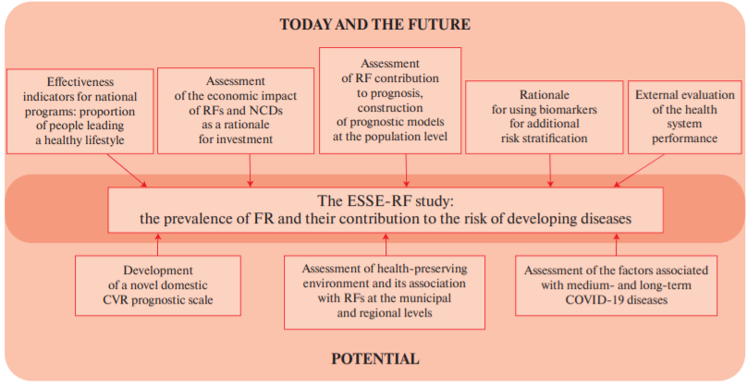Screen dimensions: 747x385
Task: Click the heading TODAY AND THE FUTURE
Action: (375, 24)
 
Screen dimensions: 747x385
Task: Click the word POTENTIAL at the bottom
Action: (375, 358)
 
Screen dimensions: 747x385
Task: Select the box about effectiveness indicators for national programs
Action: (80, 112)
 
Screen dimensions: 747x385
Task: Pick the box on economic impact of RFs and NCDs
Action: (236, 111)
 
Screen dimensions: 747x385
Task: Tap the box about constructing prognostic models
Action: (390, 101)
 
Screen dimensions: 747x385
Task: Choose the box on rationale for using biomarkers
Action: (544, 117)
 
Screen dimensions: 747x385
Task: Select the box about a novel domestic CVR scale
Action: (158, 285)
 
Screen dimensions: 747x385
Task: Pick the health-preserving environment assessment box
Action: (385, 292)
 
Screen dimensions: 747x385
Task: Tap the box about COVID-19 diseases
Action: (616, 285)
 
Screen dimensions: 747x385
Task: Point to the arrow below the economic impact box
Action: (251, 171)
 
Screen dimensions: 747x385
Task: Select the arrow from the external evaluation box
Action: (639, 171)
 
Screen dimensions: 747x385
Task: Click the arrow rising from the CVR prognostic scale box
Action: (158, 244)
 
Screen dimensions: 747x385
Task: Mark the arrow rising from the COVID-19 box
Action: (616, 244)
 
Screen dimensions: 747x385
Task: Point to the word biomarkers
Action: (571, 110)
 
